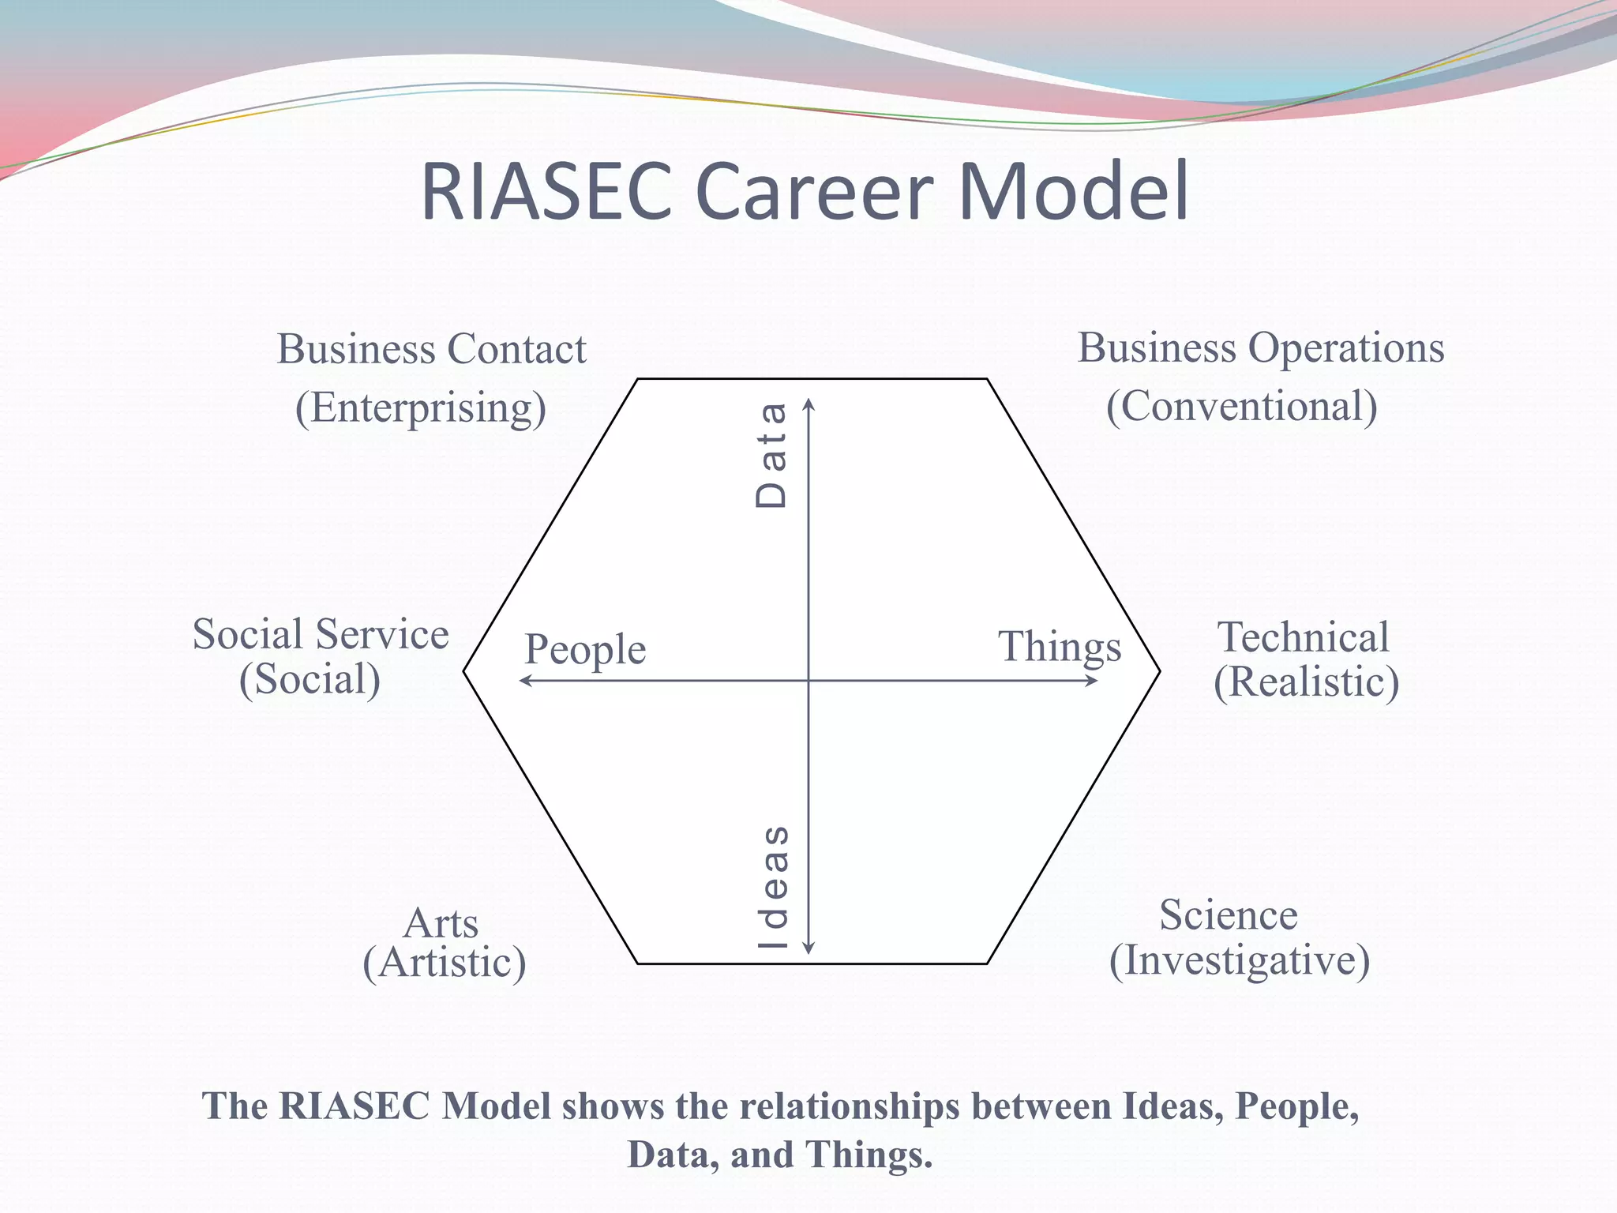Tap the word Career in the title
[x=814, y=192]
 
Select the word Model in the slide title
[x=1073, y=192]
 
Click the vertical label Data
[x=771, y=455]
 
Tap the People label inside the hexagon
[x=585, y=650]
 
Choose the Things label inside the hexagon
[x=1060, y=647]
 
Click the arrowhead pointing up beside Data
[x=808, y=404]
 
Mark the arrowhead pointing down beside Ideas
[x=808, y=948]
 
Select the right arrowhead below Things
[x=1093, y=680]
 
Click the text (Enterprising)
[x=421, y=407]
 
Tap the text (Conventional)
[x=1241, y=406]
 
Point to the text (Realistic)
[x=1306, y=682]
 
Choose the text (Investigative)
[x=1240, y=960]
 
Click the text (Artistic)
[x=445, y=963]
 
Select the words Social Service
[x=321, y=634]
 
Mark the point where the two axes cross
[x=808, y=680]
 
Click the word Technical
[x=1304, y=637]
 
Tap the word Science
[x=1229, y=915]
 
